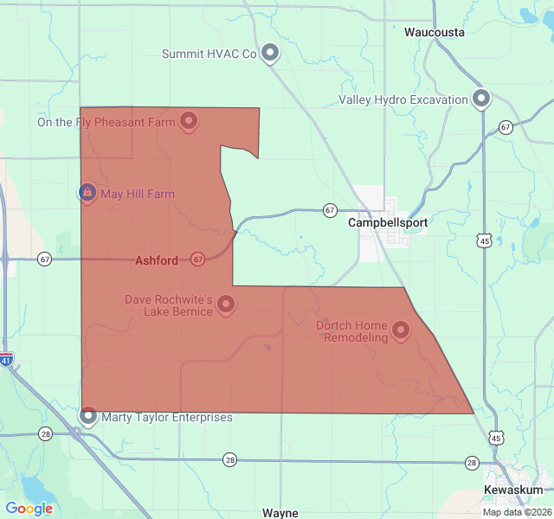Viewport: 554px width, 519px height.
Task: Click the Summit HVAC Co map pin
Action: pos(270,53)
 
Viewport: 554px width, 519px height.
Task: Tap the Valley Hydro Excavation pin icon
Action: pos(481,99)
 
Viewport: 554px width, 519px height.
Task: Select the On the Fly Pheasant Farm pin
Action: pos(188,121)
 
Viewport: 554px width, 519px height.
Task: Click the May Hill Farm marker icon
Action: pos(87,192)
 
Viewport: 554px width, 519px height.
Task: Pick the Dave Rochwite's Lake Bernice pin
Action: pos(226,304)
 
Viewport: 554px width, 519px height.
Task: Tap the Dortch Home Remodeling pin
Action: pos(401,329)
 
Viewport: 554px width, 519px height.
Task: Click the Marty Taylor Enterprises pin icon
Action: pos(88,416)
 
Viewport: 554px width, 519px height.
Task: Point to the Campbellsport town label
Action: pos(388,222)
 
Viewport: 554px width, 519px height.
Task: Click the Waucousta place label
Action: pos(435,32)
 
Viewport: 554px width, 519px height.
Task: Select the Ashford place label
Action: pos(157,260)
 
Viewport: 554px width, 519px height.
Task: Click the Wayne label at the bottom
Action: pos(280,512)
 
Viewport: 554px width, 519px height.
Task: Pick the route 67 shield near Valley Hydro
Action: pos(506,127)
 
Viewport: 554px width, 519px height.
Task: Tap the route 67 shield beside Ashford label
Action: pos(197,259)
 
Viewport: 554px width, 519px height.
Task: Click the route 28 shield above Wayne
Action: pos(229,459)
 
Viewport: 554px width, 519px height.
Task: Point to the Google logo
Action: pos(29,509)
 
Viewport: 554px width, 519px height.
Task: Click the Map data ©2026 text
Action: pos(516,512)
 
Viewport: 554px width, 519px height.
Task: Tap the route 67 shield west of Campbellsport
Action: pos(330,210)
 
